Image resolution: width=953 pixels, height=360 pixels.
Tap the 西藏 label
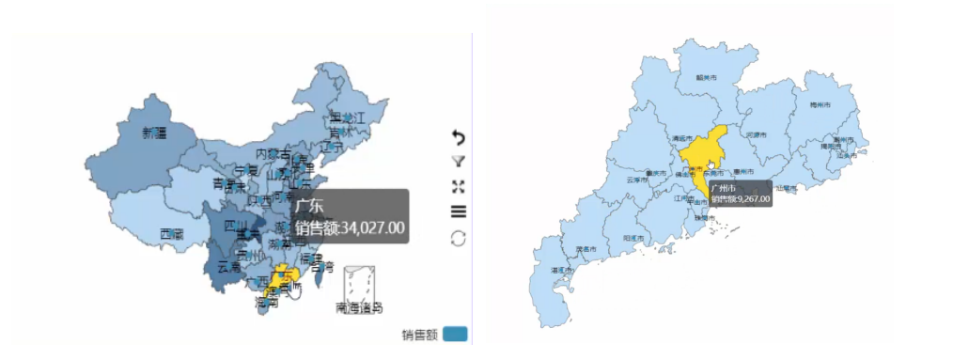171,233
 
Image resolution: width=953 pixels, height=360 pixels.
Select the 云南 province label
228,267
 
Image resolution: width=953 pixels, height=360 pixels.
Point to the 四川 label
236,227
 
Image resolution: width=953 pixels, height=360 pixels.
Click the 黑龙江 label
346,117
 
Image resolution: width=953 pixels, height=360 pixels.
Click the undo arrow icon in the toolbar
459,138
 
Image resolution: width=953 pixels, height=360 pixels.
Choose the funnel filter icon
459,163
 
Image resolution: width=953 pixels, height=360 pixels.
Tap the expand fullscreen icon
459,186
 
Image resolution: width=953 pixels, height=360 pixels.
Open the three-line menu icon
459,211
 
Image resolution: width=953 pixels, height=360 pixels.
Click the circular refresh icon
459,238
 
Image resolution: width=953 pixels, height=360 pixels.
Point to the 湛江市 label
561,271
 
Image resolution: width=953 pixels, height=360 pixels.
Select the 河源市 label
757,135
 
